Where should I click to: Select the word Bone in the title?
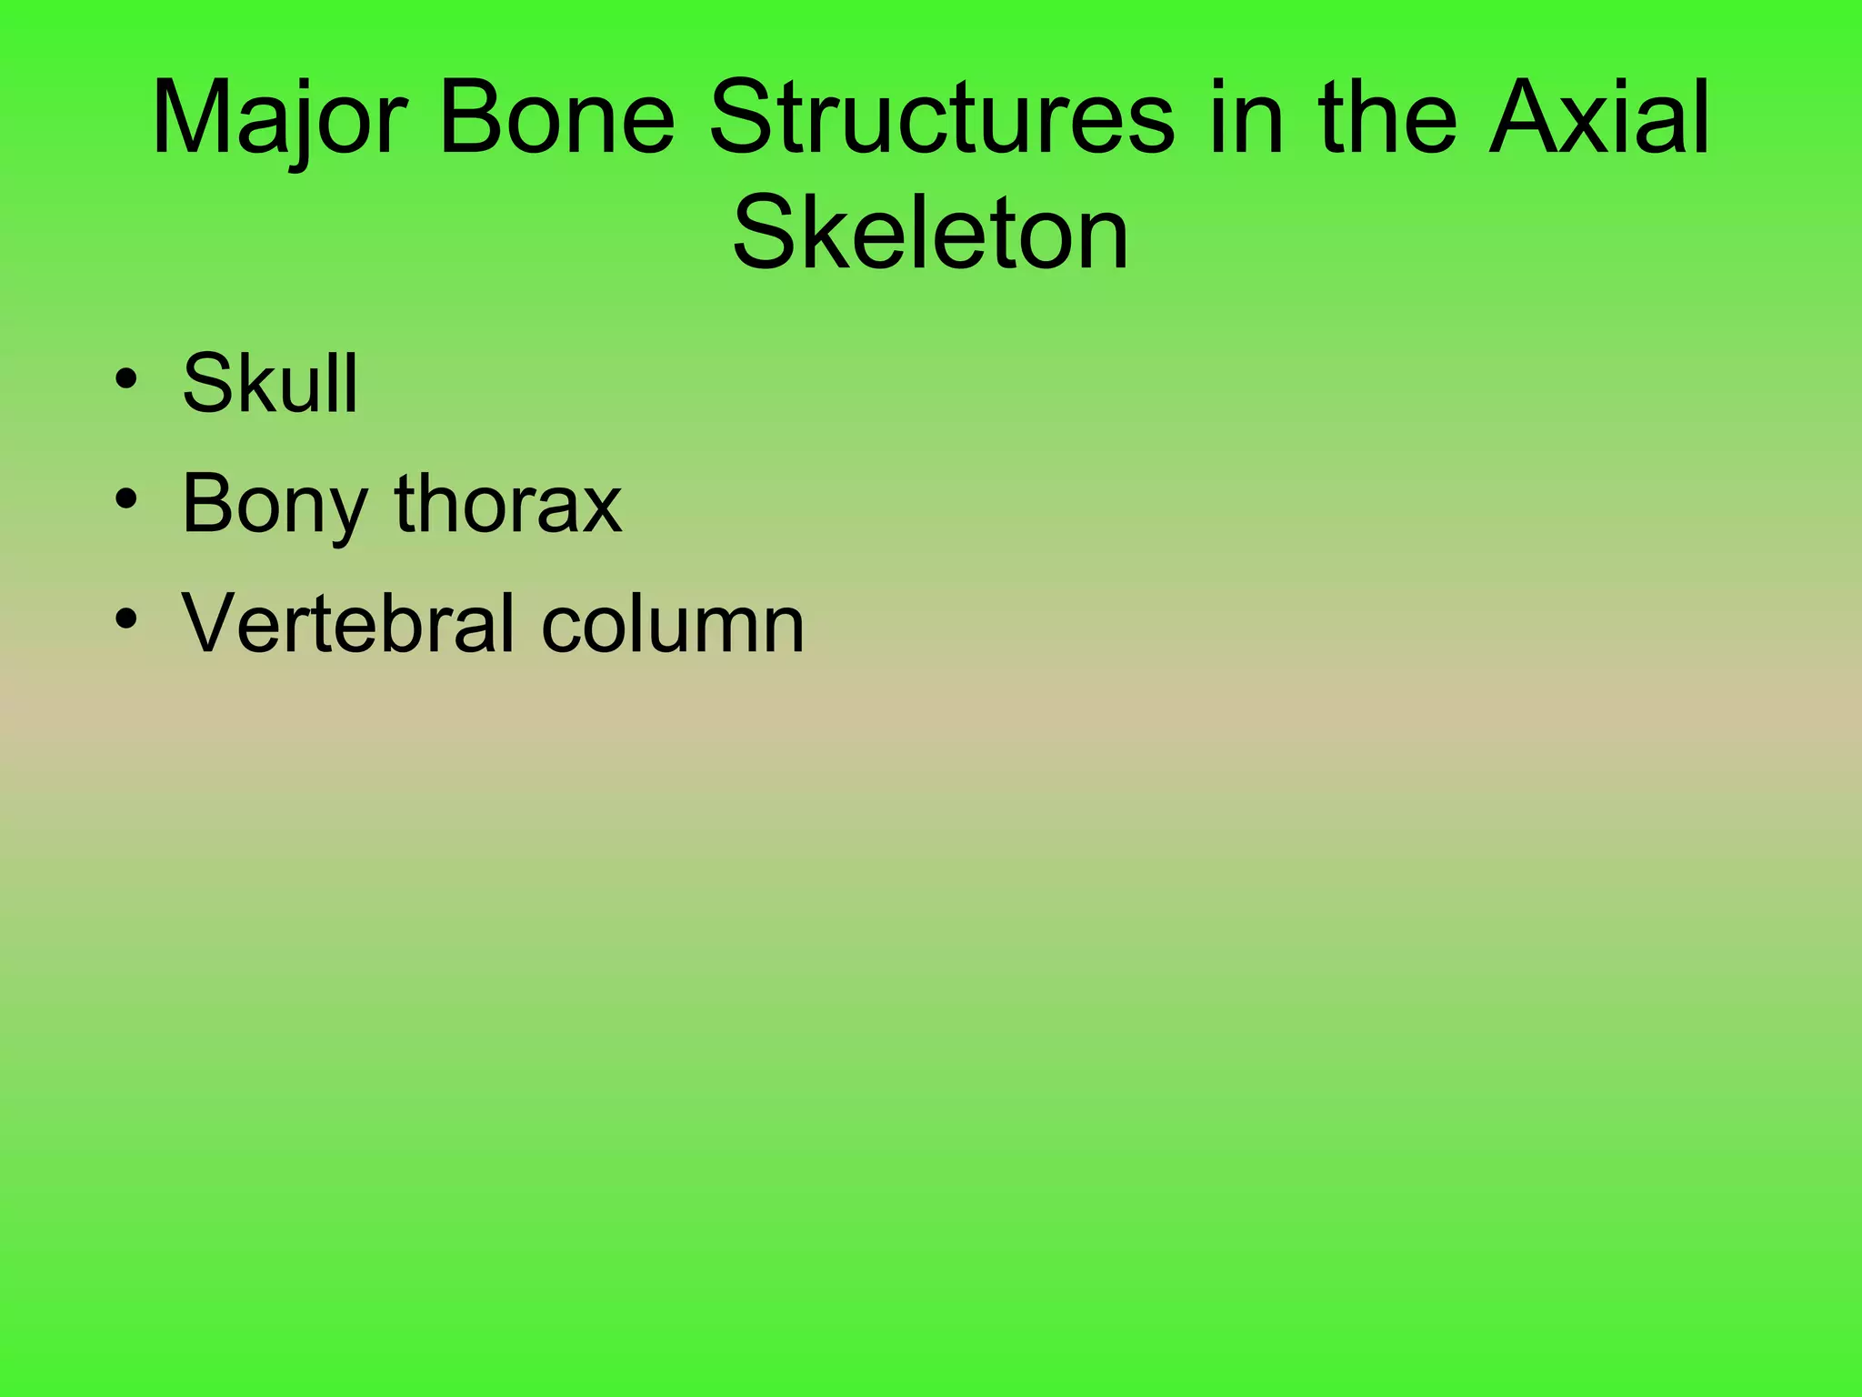(x=556, y=119)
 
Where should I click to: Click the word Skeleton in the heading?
(x=930, y=234)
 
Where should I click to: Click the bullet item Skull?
(x=270, y=383)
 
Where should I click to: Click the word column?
(x=673, y=623)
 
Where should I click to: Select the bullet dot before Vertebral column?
(x=126, y=619)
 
